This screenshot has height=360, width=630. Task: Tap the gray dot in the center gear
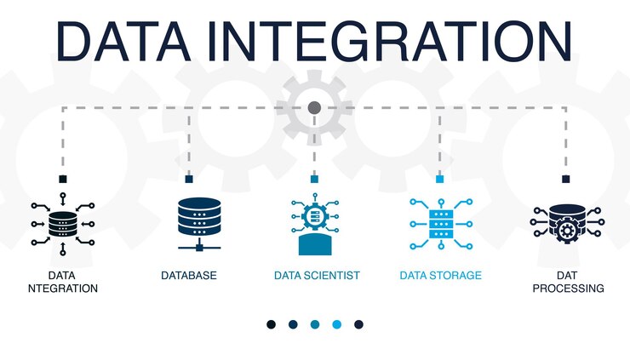314,108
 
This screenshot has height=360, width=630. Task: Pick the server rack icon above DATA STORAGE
440,223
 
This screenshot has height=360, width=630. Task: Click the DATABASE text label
188,276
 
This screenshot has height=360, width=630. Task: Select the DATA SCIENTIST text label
317,276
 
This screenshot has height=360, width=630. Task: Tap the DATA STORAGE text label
440,276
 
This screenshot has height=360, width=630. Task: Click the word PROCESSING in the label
568,289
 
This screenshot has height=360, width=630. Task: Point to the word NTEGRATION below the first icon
62,289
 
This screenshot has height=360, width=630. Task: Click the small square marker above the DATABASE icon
188,179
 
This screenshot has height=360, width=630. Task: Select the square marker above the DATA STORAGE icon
440,179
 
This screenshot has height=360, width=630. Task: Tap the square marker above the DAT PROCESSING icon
566,179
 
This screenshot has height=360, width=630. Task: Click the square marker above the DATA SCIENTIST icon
314,179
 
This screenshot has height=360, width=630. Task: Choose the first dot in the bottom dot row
271,324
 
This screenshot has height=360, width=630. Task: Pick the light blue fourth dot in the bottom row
337,324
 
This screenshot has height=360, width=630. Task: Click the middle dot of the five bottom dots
315,324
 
